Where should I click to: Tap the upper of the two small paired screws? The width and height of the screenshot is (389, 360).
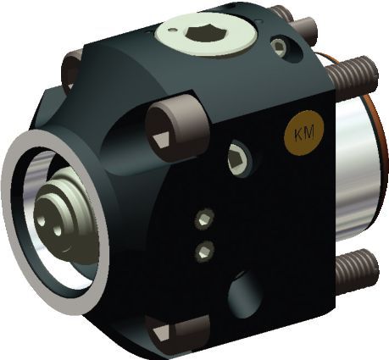(203, 220)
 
